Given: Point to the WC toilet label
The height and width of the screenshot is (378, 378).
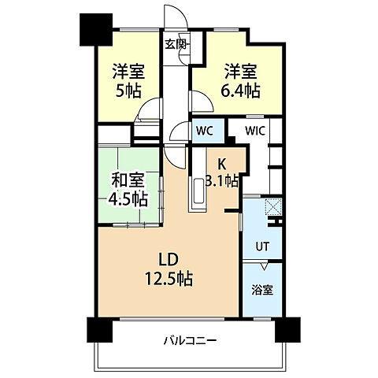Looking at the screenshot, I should [203, 131].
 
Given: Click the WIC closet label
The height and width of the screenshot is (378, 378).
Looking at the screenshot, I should [254, 131].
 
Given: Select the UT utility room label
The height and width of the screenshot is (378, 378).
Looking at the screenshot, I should [261, 247].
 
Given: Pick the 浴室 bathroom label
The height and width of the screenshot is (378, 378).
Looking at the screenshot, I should [262, 290].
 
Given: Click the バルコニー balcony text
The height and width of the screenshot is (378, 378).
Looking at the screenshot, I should [190, 340].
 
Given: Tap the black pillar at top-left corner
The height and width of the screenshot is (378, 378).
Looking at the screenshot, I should [94, 29].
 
